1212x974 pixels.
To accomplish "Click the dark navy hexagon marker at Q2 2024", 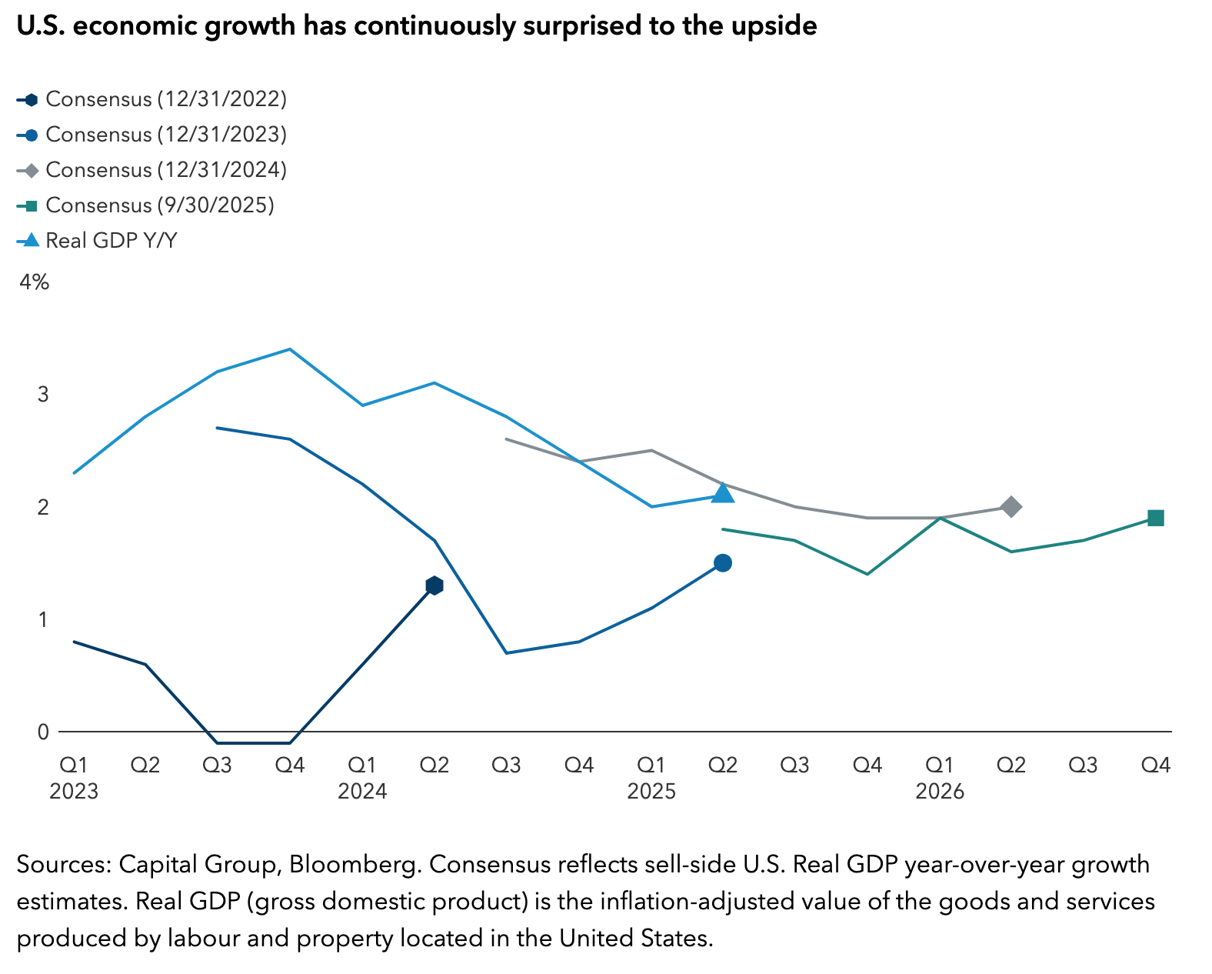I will pyautogui.click(x=434, y=585).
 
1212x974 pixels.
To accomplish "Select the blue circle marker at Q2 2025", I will pyautogui.click(x=722, y=563).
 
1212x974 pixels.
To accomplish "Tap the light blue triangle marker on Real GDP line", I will pyautogui.click(x=722, y=493).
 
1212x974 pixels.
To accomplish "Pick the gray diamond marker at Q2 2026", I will pyautogui.click(x=1011, y=506).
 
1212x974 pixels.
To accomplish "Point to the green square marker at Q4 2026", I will pyautogui.click(x=1155, y=518).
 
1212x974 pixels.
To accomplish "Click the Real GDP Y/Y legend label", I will pyautogui.click(x=111, y=241).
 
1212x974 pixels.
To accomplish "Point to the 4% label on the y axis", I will pyautogui.click(x=34, y=282).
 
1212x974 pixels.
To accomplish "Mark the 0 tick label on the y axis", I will pyautogui.click(x=43, y=732).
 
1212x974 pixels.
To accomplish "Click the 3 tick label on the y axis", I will pyautogui.click(x=43, y=395).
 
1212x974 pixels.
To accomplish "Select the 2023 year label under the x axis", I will pyautogui.click(x=74, y=791).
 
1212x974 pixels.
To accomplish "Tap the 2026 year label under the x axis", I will pyautogui.click(x=939, y=791).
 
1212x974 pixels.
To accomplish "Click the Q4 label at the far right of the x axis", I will pyautogui.click(x=1155, y=765).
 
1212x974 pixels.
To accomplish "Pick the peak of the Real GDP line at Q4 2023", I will pyautogui.click(x=289, y=349).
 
